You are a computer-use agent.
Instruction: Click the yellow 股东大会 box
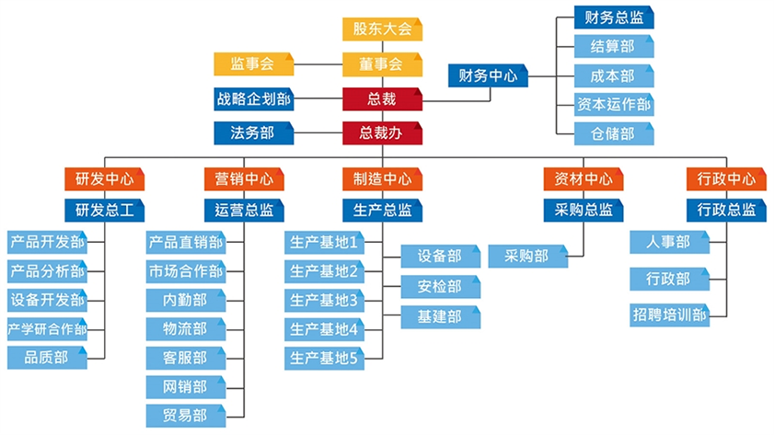coord(381,29)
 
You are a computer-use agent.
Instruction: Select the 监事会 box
coord(252,64)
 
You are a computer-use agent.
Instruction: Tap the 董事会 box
coord(381,64)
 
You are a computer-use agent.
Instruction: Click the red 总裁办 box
coord(381,133)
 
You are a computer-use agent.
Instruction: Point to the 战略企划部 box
coord(252,98)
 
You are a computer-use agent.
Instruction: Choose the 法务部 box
coord(252,133)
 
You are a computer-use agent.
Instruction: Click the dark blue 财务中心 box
coord(488,75)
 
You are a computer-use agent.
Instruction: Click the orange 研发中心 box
coord(104,178)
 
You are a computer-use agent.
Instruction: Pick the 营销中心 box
coord(243,178)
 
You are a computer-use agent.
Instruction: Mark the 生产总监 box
coord(382,210)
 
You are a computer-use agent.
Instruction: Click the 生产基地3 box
coord(323,300)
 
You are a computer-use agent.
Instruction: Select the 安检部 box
coord(439,286)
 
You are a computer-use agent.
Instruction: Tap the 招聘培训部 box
coord(669,315)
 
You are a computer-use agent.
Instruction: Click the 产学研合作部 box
coord(47,328)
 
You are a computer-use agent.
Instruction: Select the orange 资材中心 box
coord(577,178)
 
